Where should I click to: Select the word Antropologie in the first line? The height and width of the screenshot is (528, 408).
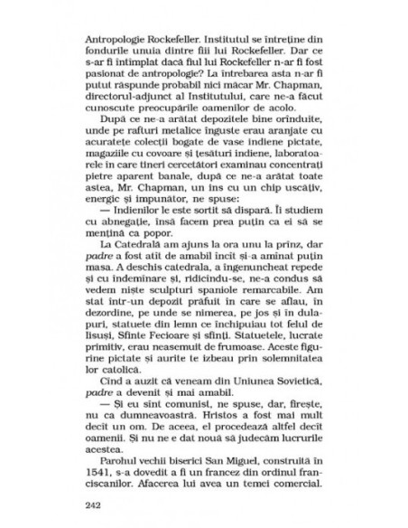tap(112, 41)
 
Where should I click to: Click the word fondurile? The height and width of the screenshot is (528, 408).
tap(107, 53)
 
